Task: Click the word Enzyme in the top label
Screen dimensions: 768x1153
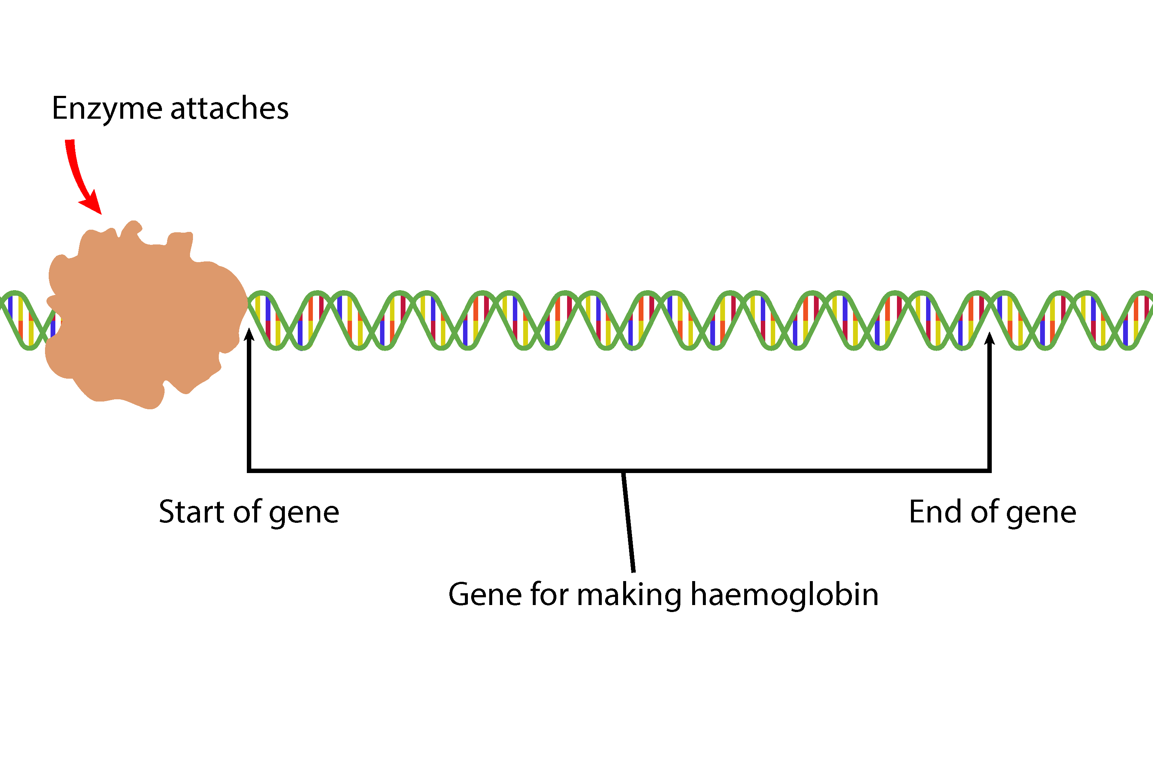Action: tap(106, 109)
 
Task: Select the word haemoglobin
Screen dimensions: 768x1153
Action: tap(784, 595)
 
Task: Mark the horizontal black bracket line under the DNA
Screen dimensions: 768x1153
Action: tap(441, 471)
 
